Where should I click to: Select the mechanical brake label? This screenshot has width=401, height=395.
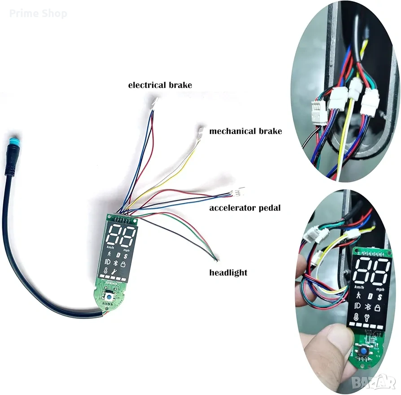(245, 131)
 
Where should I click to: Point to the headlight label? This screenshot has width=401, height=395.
(228, 272)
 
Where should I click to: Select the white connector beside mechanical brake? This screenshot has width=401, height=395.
(200, 132)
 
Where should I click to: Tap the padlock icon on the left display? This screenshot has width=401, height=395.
(122, 265)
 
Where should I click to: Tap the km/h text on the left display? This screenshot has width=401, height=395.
(110, 247)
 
